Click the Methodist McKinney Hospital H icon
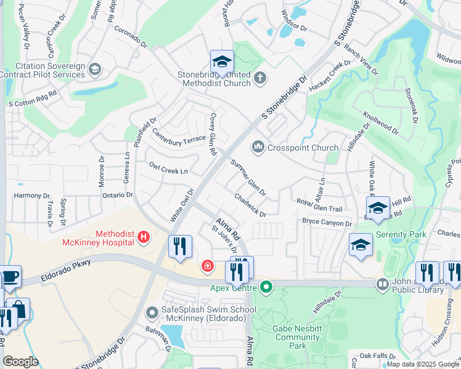point(143,236)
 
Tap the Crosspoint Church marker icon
point(258,148)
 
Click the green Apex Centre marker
point(266,287)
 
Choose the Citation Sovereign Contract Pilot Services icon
point(95,69)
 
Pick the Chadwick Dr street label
point(250,205)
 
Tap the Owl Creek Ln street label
point(168,168)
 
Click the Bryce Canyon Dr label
point(327,222)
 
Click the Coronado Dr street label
point(130,35)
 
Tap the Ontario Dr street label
point(117,195)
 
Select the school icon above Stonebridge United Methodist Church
point(222,61)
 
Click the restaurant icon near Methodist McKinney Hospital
point(180,247)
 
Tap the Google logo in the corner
point(20,362)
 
